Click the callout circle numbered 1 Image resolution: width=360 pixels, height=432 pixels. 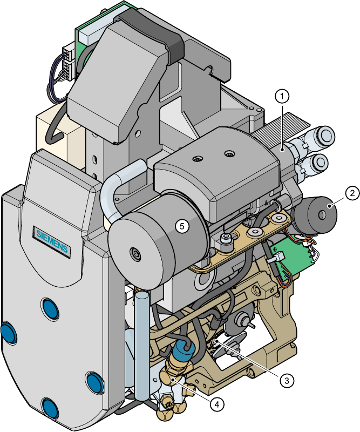pos(282,97)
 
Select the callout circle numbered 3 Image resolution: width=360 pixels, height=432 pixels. pos(287,381)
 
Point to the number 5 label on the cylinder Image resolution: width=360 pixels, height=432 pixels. pos(182,226)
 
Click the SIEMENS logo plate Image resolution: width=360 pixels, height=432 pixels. pos(52,241)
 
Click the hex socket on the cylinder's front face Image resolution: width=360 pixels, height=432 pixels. pos(135,253)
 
